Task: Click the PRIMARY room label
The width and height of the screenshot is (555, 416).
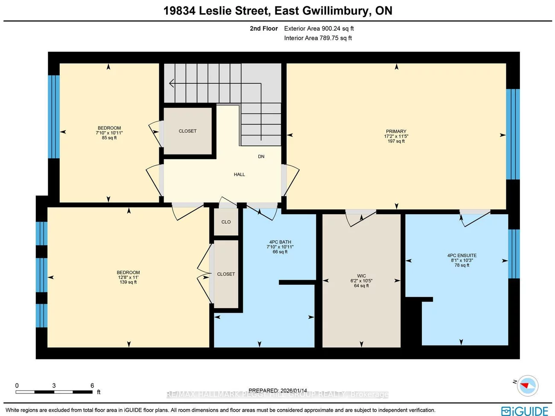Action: (396, 131)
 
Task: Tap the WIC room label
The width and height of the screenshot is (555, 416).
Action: (361, 276)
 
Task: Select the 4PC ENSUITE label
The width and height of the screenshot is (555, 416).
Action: (462, 255)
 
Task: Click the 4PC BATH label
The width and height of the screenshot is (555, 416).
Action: (280, 242)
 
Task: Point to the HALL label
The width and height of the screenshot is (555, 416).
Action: (239, 174)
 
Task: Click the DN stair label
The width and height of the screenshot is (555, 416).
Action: (261, 156)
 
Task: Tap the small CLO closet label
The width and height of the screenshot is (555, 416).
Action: (226, 222)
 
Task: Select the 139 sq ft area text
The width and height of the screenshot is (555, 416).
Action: (128, 282)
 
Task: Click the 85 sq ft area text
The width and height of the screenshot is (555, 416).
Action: (109, 138)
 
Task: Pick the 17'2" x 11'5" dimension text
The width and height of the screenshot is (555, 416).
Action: (396, 136)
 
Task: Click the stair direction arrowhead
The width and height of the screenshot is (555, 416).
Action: (171, 83)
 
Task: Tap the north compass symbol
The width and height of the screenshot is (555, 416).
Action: (527, 385)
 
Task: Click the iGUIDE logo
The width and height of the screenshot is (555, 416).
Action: (525, 411)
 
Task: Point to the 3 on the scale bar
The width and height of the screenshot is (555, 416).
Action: (54, 386)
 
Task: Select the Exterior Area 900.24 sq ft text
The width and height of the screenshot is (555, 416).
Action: (318, 29)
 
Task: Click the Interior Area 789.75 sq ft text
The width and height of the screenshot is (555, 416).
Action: (318, 38)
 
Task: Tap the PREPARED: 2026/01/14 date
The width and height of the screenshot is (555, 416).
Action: (277, 390)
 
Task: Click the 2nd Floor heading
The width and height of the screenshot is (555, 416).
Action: (263, 29)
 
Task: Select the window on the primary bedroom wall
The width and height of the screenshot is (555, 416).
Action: (513, 134)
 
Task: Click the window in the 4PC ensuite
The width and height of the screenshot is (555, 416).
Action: (514, 254)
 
